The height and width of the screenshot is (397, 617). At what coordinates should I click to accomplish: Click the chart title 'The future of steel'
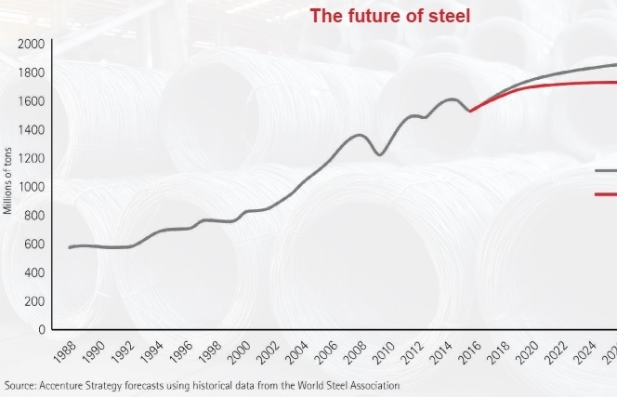[x=390, y=16]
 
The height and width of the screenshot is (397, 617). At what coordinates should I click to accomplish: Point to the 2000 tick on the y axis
[x=32, y=44]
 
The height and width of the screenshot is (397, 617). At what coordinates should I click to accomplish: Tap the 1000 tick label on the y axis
[x=32, y=187]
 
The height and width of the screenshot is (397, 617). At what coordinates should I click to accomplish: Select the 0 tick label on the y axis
[x=42, y=330]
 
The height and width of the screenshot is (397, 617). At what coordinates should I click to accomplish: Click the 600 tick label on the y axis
[x=34, y=245]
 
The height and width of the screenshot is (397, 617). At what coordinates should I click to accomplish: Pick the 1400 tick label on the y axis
[x=32, y=130]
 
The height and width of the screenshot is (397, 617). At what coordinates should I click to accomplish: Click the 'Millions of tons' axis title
[x=7, y=176]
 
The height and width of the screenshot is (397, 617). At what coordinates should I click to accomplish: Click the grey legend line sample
[x=605, y=171]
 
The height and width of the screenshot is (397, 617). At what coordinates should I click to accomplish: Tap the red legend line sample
[x=605, y=194]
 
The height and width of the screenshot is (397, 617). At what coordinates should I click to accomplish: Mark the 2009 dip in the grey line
[x=380, y=154]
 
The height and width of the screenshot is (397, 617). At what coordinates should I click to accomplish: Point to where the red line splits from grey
[x=471, y=112]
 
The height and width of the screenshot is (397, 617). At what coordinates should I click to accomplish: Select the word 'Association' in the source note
[x=373, y=385]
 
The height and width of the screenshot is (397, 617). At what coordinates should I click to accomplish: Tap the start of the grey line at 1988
[x=70, y=247]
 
